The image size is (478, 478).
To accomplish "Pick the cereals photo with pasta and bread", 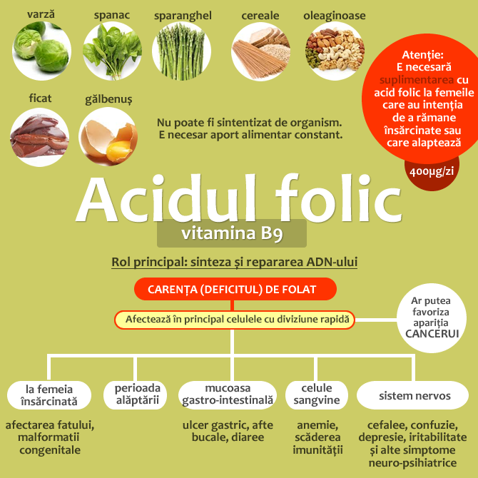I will pyautogui.click(x=260, y=51).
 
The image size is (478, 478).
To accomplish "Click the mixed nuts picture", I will pyautogui.click(x=335, y=51).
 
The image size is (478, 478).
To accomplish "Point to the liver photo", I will pyautogui.click(x=40, y=136).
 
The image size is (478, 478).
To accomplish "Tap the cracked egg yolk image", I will pyautogui.click(x=107, y=136).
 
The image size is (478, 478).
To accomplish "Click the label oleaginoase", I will pyautogui.click(x=334, y=15).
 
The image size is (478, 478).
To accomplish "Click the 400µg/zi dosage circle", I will pyautogui.click(x=432, y=171).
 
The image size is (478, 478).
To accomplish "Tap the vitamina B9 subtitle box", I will pyautogui.click(x=231, y=233).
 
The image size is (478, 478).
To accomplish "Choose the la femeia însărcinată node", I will pyautogui.click(x=50, y=395).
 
